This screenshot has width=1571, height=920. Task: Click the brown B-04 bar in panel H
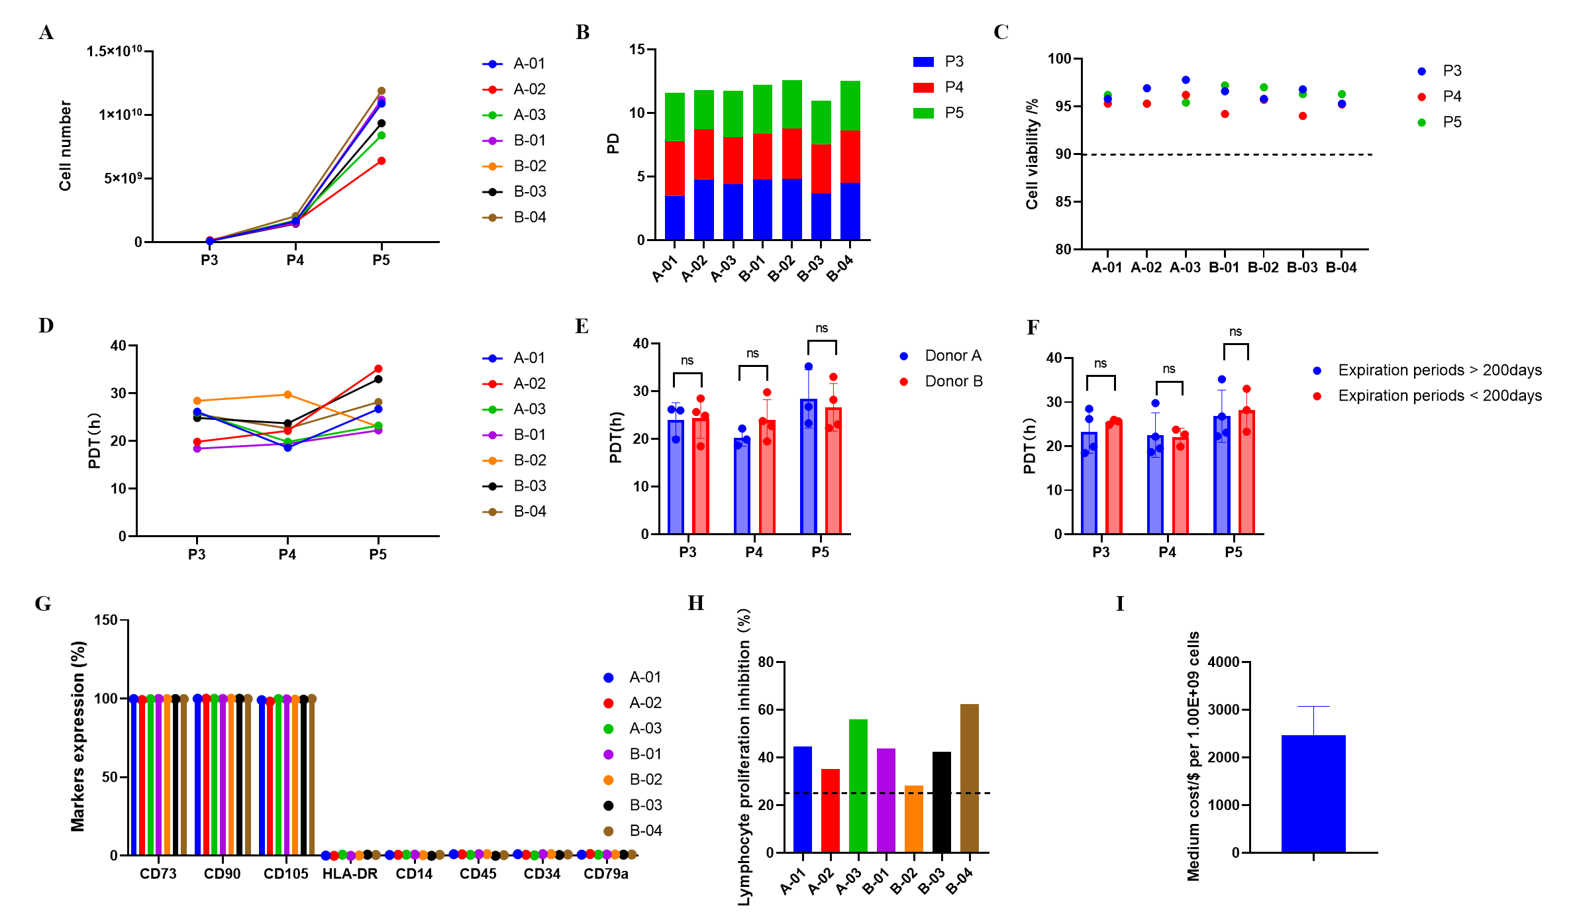[969, 778]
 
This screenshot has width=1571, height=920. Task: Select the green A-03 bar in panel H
[858, 786]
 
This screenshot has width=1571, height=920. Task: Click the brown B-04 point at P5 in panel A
[381, 91]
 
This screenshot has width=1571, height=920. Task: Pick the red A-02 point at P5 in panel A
[381, 161]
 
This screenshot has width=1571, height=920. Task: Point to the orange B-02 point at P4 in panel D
[287, 395]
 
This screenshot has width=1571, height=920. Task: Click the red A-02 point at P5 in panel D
[378, 369]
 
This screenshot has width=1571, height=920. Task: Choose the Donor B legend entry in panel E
[953, 382]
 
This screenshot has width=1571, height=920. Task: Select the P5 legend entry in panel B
[953, 113]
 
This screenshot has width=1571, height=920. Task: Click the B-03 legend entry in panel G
[645, 805]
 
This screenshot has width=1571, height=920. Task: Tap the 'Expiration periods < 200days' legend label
[1439, 396]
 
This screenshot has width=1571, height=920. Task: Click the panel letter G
[43, 603]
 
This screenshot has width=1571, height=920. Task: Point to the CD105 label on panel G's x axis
[285, 874]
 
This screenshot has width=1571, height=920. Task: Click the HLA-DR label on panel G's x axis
[350, 874]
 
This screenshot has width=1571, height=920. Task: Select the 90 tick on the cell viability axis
[1063, 154]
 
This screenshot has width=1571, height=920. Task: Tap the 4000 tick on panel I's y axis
[1223, 662]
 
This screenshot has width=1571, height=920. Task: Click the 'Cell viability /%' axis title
[1032, 154]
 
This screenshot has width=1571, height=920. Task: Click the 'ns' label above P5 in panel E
[821, 329]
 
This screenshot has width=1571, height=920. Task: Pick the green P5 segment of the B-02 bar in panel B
[792, 104]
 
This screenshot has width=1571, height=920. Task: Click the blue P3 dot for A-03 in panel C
[1186, 80]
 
